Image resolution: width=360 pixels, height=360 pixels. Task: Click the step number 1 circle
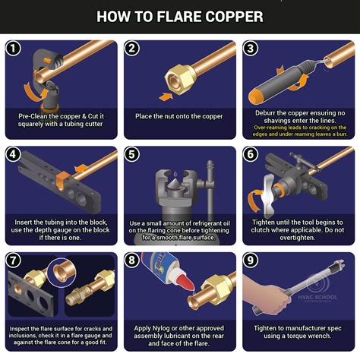(14, 49)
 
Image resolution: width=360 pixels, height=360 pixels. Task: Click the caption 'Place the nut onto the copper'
(178, 115)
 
